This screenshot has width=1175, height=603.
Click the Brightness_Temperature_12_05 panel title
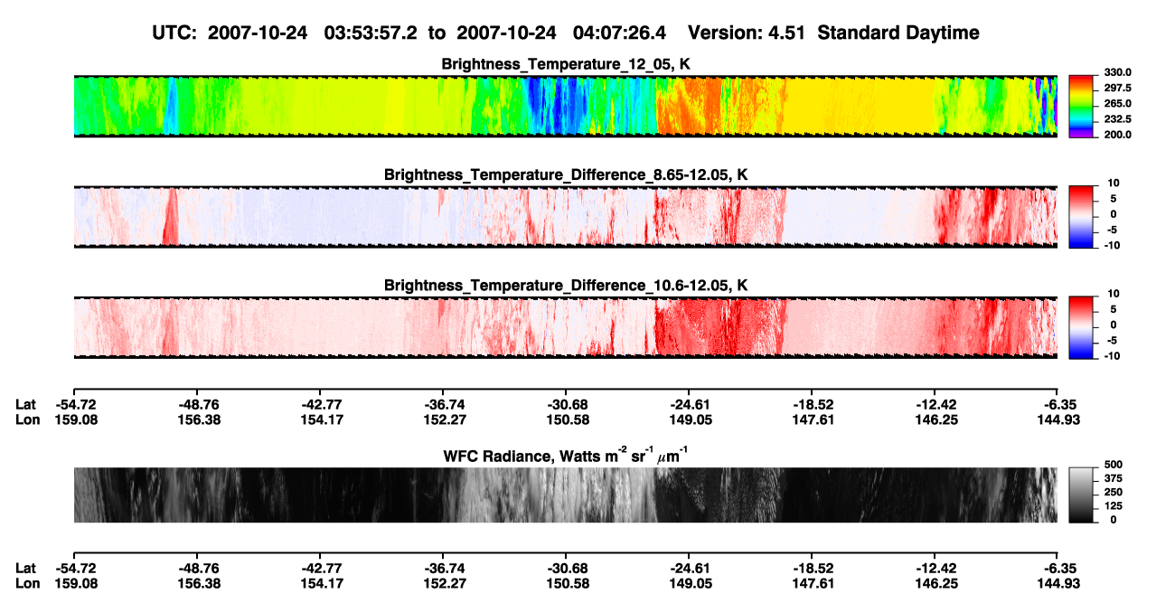(x=566, y=64)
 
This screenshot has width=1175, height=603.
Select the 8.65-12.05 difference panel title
(x=566, y=174)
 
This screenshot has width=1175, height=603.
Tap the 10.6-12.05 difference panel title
(x=566, y=286)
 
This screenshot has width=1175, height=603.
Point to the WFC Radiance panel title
(x=566, y=455)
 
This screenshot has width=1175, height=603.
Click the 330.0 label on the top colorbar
(x=1117, y=72)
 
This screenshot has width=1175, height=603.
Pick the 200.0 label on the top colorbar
(x=1117, y=135)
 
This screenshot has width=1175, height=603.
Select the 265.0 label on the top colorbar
(x=1117, y=103)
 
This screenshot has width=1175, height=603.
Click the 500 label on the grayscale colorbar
(x=1113, y=465)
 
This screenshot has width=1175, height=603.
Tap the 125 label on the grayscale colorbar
(x=1113, y=506)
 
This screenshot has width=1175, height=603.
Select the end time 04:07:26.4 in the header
(x=619, y=33)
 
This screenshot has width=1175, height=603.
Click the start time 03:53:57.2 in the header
(x=371, y=33)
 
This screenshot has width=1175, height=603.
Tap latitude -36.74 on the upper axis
(x=444, y=405)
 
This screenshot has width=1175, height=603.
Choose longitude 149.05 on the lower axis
(x=691, y=584)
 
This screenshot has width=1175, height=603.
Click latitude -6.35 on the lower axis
(x=1058, y=569)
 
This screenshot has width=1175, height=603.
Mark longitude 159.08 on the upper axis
(x=76, y=419)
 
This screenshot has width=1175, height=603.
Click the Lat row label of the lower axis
(x=25, y=569)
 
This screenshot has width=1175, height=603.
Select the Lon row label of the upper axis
(x=28, y=419)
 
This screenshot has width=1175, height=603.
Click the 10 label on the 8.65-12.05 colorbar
(x=1114, y=184)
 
